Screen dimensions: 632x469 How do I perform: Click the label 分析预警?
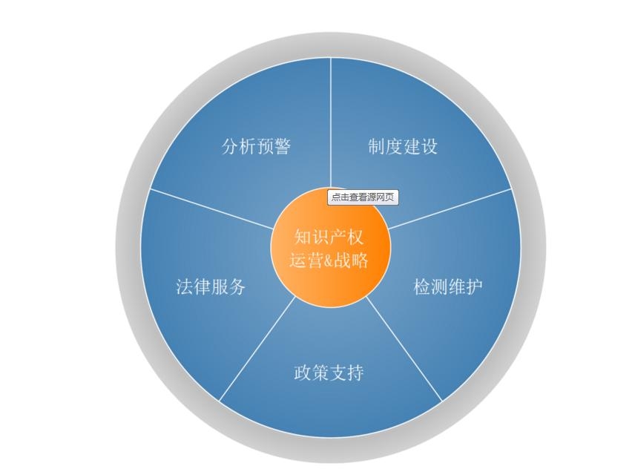point(256,146)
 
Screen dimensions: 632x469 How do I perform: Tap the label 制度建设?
point(403,146)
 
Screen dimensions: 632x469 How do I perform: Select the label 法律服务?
point(211,286)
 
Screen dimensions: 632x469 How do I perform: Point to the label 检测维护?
point(448,286)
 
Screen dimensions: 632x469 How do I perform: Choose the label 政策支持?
point(329,373)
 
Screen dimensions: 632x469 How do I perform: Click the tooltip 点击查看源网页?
point(363,197)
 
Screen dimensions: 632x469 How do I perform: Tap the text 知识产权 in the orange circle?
point(329,237)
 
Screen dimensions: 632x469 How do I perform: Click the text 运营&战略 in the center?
point(329,260)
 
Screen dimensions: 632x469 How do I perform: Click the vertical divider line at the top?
point(331,122)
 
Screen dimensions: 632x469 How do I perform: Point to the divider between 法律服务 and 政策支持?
point(257,350)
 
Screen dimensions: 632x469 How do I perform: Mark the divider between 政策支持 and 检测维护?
point(404,350)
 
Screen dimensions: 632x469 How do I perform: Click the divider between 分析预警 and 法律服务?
point(211,209)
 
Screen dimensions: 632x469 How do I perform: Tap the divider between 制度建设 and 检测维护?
point(450,209)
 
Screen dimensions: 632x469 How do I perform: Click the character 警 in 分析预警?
point(283,146)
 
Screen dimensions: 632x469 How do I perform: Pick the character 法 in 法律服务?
point(184,286)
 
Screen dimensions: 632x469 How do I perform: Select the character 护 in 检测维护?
point(475,286)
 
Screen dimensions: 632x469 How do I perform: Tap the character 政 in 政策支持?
point(303,373)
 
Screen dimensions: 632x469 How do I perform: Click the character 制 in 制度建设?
point(376,146)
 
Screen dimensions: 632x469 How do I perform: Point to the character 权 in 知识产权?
point(355,237)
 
